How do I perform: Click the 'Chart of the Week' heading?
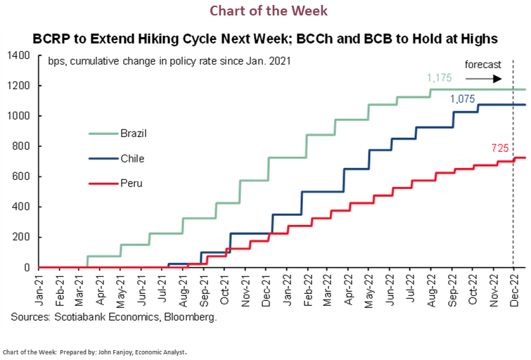[268, 11]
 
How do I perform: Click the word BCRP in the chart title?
[54, 38]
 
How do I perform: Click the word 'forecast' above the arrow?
[483, 65]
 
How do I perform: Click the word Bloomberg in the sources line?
[193, 318]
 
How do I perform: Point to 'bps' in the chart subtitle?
[58, 62]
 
